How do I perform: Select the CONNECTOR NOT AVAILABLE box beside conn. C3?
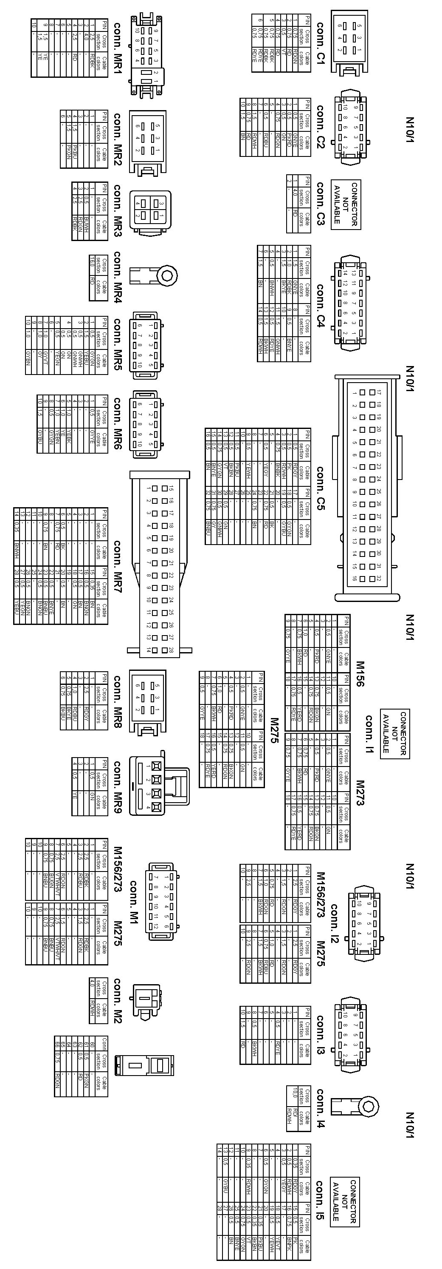click(346, 204)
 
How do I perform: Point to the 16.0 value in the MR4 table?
click(92, 264)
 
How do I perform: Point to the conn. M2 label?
click(118, 1000)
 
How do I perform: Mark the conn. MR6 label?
click(118, 424)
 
